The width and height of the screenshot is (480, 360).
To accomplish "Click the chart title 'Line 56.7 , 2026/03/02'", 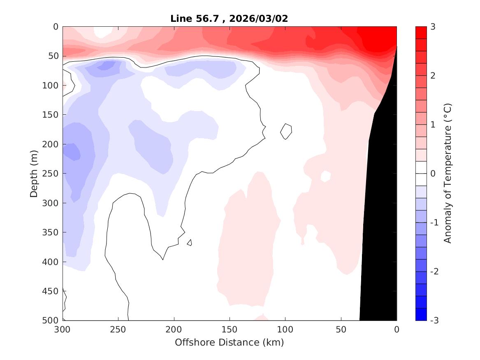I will point(230,19).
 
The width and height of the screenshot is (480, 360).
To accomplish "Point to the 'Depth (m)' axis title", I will point(34,174).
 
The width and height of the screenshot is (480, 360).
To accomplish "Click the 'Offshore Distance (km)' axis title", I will point(230,342).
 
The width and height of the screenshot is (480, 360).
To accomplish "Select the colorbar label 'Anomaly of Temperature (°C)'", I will point(448,174).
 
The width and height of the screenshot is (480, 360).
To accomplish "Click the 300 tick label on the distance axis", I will point(63,330).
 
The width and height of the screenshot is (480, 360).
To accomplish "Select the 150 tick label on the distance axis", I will point(230,330).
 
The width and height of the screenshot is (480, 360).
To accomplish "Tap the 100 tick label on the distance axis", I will point(285,330).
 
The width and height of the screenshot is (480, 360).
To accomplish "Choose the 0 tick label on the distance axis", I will point(397,330).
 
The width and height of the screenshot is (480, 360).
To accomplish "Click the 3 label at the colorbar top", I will point(433,27).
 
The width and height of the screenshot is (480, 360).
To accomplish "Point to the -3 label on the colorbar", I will point(435,321).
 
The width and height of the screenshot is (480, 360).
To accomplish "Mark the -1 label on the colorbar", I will point(435,223).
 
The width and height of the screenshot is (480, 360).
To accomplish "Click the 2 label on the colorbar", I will point(433,76).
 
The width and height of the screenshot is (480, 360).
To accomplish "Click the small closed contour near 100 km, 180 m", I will point(286,131).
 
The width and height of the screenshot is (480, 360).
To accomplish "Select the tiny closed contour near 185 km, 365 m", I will point(190,242).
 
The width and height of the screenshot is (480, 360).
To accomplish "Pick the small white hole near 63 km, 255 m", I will point(325,177).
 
